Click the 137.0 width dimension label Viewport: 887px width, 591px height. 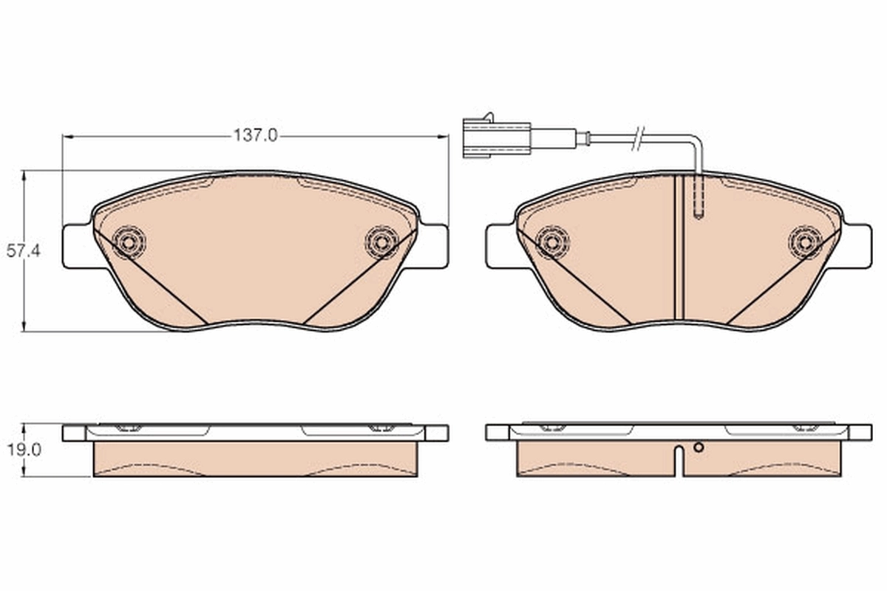[255, 136]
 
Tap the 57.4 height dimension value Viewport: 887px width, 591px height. [23, 251]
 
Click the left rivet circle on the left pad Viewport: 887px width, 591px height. [130, 241]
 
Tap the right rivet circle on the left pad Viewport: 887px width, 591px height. [382, 241]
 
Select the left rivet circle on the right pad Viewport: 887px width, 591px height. [552, 241]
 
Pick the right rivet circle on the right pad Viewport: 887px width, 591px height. [805, 241]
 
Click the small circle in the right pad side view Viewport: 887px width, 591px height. [697, 446]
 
